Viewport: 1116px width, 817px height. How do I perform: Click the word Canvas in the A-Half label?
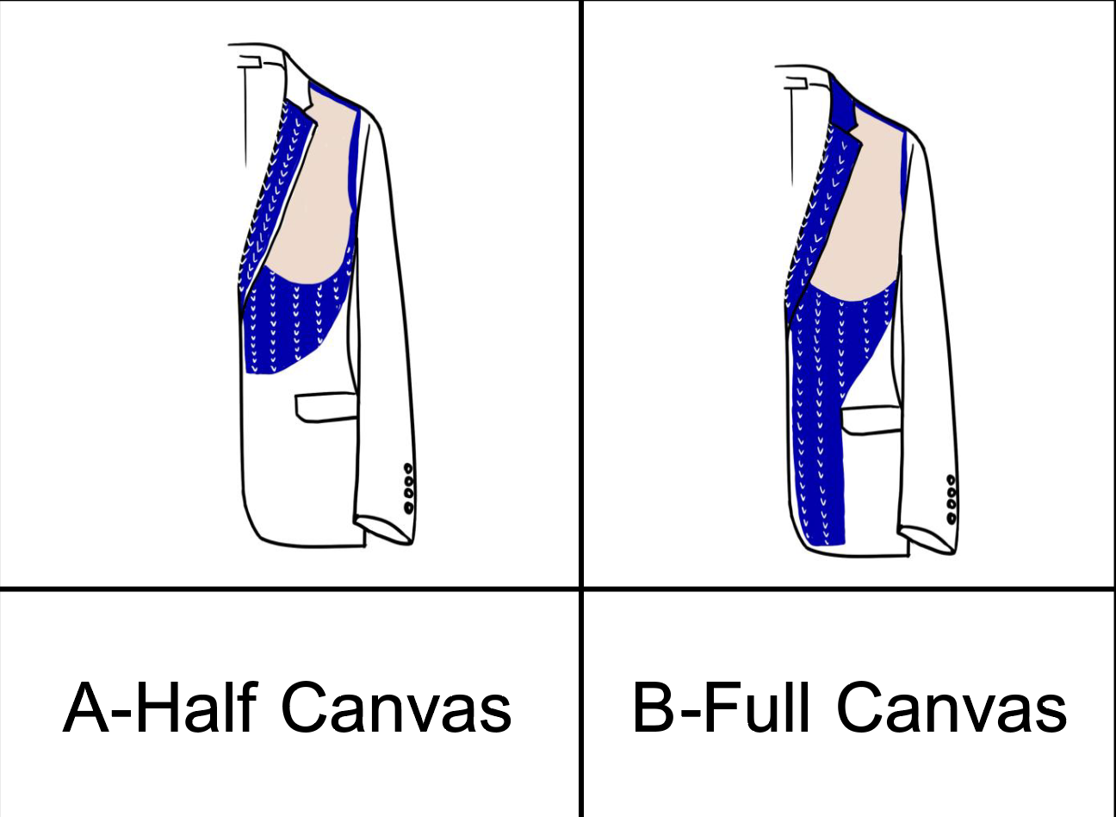click(x=396, y=708)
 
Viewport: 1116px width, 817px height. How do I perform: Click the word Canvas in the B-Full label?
click(x=952, y=708)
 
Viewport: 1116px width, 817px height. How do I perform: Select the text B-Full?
click(x=722, y=708)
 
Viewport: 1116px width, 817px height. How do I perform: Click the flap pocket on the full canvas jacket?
click(x=871, y=421)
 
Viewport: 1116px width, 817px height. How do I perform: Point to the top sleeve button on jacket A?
click(x=408, y=470)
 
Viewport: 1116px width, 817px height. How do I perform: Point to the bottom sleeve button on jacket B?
click(x=952, y=518)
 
